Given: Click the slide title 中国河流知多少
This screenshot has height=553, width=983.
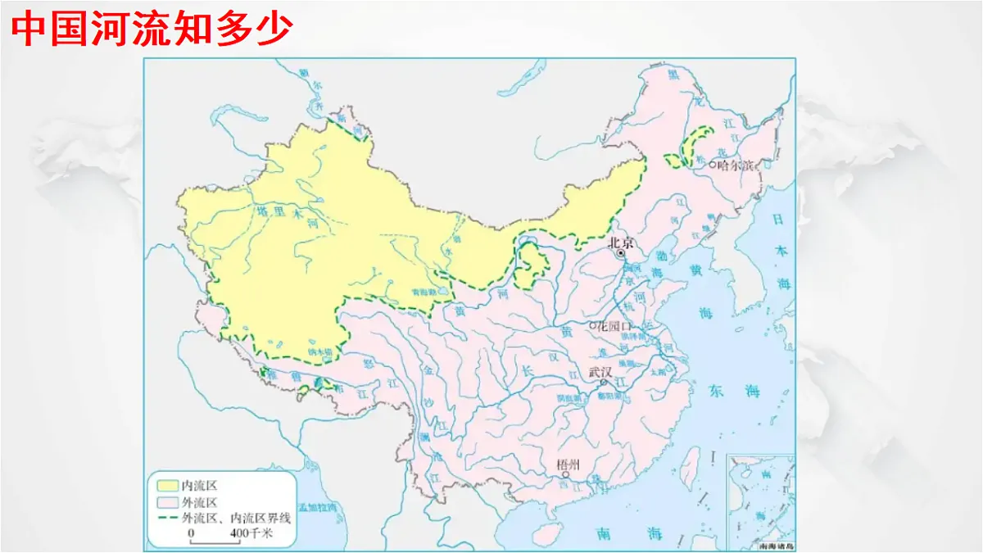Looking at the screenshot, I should pos(153,30).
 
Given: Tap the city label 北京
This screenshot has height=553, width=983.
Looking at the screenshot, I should pos(622,243).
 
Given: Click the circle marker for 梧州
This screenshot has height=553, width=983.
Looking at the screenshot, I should pos(565,474).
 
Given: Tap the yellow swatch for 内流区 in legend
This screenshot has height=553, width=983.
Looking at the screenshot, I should pos(166,486).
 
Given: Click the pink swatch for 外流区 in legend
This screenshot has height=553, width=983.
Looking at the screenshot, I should pos(166,502).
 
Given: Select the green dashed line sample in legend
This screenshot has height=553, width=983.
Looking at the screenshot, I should pos(166,518).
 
